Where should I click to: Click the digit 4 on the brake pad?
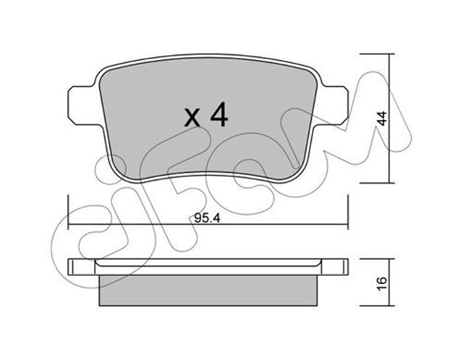click(218, 115)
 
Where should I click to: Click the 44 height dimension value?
click(382, 119)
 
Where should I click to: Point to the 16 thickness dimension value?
click(382, 283)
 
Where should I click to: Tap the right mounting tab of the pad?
click(334, 106)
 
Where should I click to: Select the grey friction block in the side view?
click(208, 291)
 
